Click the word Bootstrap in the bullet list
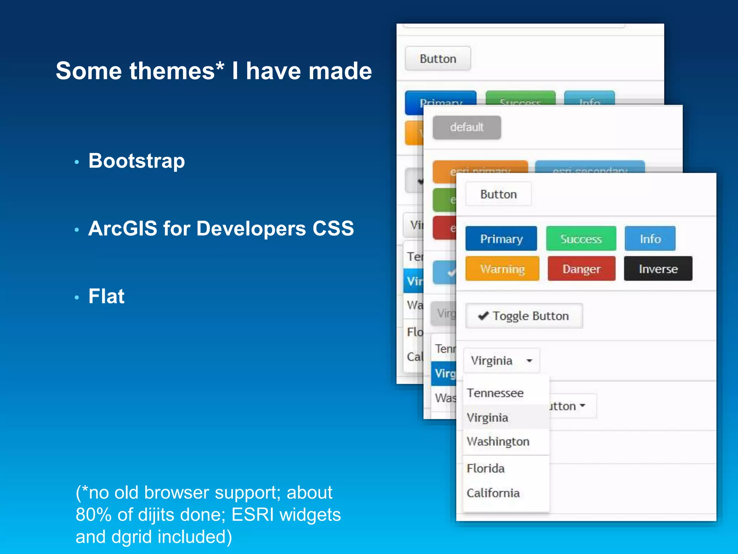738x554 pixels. click(137, 161)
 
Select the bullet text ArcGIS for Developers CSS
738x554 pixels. click(221, 229)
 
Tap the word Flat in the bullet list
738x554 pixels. click(106, 296)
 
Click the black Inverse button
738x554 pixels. click(658, 269)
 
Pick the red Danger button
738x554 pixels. click(581, 269)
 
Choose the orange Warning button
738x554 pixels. click(502, 269)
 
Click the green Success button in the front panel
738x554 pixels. click(581, 239)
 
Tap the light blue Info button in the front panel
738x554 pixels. click(650, 239)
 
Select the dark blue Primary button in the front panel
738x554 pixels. click(501, 239)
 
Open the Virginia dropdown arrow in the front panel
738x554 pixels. click(529, 361)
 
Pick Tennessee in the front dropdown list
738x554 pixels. click(495, 393)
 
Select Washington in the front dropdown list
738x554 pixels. click(498, 441)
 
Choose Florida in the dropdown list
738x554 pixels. click(485, 469)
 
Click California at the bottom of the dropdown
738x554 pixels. click(493, 493)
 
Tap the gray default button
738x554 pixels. click(467, 127)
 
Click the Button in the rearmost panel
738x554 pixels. click(438, 59)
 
